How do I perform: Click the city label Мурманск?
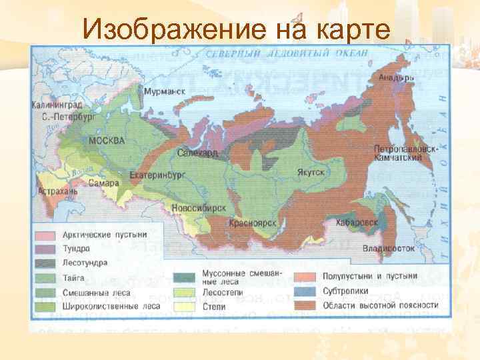[164, 92]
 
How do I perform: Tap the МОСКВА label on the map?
[106, 141]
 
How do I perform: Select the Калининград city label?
[56, 105]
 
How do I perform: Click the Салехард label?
[198, 153]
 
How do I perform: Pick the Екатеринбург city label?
[157, 175]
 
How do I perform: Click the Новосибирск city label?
[199, 207]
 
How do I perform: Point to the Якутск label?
[310, 172]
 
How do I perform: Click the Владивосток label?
[389, 248]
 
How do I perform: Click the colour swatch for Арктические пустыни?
[47, 235]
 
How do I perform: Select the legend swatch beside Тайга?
[47, 277]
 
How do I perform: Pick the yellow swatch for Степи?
[183, 306]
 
